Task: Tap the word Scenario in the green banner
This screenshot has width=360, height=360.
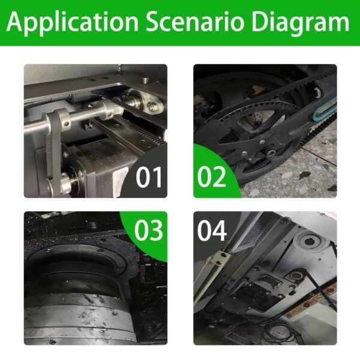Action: [194, 22]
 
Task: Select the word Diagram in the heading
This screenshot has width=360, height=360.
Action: [301, 23]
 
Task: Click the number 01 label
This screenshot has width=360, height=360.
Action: [149, 177]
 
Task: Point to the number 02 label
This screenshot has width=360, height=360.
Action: [212, 177]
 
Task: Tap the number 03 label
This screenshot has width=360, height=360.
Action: [149, 230]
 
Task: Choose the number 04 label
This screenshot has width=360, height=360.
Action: [212, 230]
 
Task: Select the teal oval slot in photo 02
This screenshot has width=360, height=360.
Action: [324, 110]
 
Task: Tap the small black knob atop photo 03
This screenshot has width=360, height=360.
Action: [92, 224]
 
